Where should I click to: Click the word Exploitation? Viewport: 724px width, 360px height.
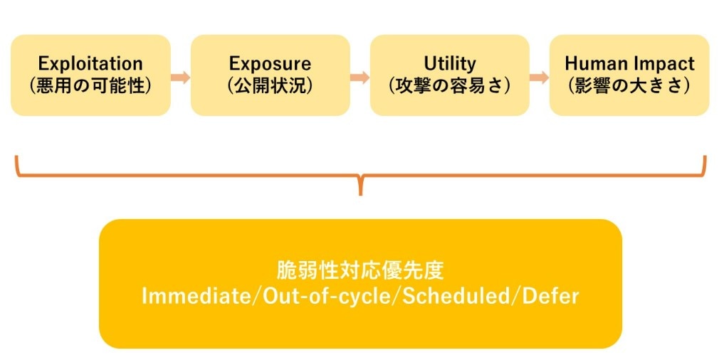pos(90,63)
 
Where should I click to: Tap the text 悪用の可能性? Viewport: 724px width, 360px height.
pos(90,85)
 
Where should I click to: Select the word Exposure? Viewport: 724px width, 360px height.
pos(270,63)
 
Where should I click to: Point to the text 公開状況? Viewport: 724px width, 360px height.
pos(270,85)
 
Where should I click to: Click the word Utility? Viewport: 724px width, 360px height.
pos(450,63)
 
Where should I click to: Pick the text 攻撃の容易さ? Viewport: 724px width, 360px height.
pos(450,85)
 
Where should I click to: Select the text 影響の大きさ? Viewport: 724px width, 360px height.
pos(629,85)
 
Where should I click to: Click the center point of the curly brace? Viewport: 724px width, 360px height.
pos(361,186)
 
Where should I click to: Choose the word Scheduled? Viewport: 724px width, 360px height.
pos(457,295)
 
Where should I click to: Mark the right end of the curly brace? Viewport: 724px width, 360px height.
pos(705,159)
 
